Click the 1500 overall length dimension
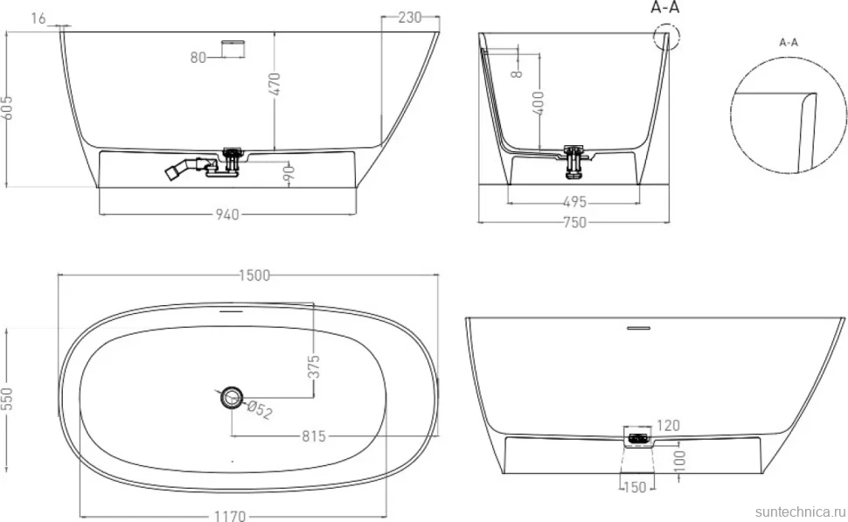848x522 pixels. pos(254,275)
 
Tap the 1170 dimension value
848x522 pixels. pos(230,516)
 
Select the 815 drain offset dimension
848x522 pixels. pos(314,436)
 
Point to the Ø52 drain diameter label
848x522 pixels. pos(261,410)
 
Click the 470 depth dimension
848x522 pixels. pos(275,84)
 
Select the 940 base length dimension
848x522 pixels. pos(227,215)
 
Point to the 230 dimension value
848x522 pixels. pos(409,17)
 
